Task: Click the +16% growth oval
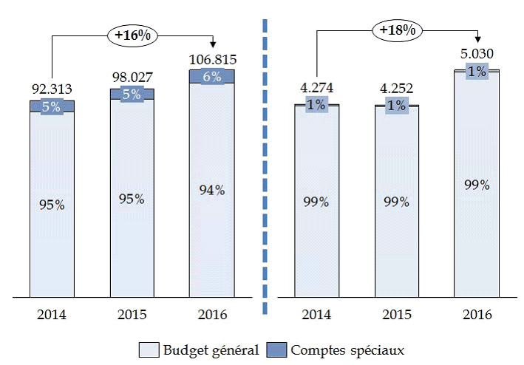tap(133, 34)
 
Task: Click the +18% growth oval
tap(397, 30)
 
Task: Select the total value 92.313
tap(52, 89)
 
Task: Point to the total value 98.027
tap(132, 77)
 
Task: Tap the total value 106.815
tap(212, 58)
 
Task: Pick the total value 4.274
tap(316, 88)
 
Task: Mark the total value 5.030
tap(477, 54)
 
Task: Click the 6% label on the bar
tap(212, 77)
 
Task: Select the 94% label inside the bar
tap(212, 190)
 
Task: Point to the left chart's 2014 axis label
tap(52, 314)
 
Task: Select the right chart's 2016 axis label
tap(477, 314)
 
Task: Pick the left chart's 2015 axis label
tap(132, 314)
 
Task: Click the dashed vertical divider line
tap(265, 163)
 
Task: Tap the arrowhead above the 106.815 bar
tap(213, 42)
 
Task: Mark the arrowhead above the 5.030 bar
tap(477, 38)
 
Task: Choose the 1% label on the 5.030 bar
tap(477, 72)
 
